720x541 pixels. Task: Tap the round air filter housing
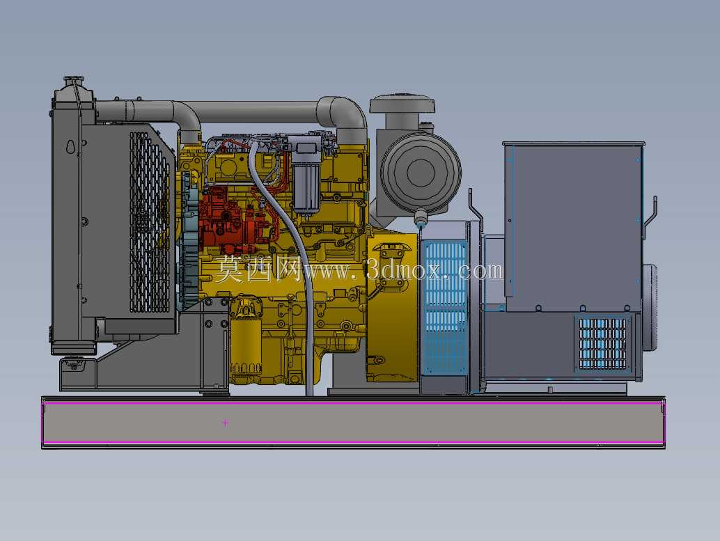coord(420,171)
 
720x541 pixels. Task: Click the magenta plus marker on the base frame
coord(225,423)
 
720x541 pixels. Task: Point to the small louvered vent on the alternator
coord(602,343)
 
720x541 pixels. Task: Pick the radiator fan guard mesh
coord(149,222)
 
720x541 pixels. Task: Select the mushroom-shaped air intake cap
coord(402,104)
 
